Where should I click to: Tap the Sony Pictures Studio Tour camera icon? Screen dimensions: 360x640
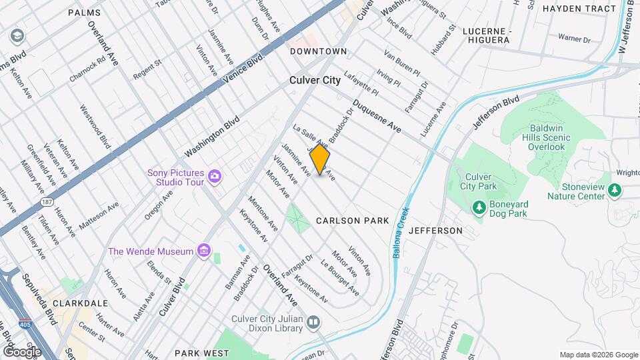[x=215, y=176]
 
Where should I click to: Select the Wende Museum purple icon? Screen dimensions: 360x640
[x=204, y=251]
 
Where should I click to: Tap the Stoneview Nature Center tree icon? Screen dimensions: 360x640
[x=615, y=191]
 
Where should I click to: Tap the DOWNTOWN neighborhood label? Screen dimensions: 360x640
[x=318, y=51]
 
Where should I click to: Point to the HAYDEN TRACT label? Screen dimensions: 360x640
[x=579, y=9]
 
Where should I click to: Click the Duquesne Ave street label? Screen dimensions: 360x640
[x=377, y=116]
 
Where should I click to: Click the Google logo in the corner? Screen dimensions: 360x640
[x=22, y=351]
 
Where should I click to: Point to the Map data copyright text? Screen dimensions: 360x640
[x=598, y=355]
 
